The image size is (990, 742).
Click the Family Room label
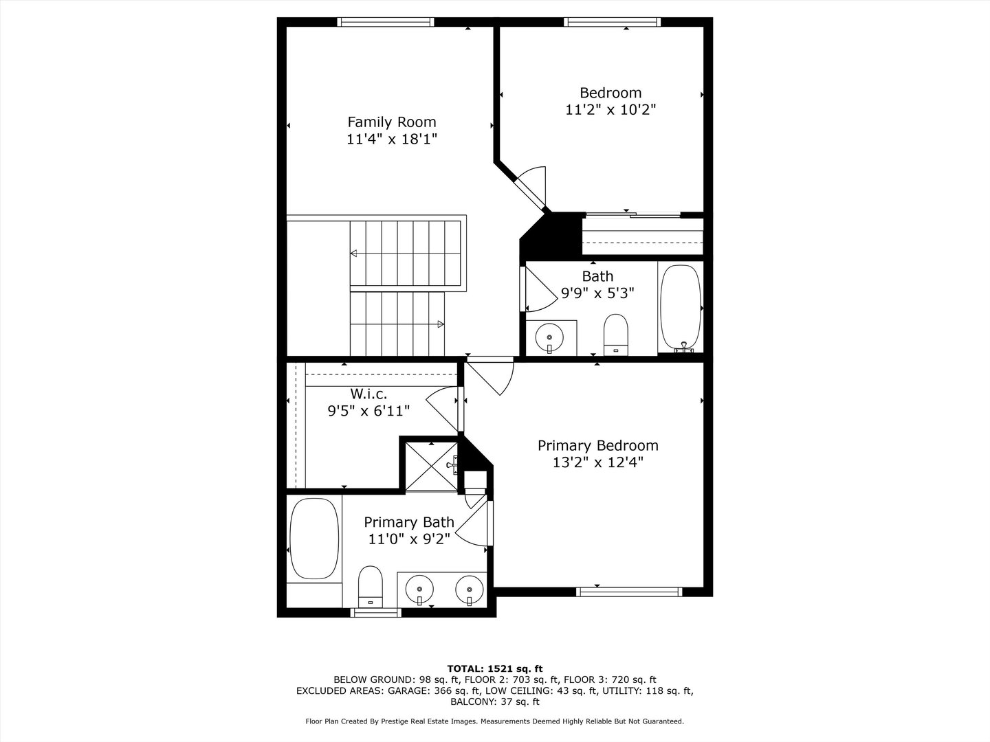coord(391,122)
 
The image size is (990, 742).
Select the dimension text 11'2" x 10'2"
coord(610,109)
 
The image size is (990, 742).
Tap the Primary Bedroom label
coord(597,445)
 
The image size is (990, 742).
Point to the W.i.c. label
coord(368,394)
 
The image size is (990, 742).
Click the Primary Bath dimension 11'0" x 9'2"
coord(408,539)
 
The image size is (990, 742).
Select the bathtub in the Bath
coord(681,307)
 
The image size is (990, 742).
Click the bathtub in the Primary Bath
coord(314,539)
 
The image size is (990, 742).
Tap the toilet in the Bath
coord(616,334)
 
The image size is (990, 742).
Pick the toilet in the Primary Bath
coord(370,586)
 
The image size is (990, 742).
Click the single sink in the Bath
coord(550,337)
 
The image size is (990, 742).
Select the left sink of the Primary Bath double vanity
coord(419,589)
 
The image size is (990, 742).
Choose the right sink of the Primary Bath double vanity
coord(470,589)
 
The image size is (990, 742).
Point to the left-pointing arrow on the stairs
coord(354,254)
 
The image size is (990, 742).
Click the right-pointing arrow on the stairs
coord(440,324)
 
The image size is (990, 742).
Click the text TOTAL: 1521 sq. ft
coord(495,668)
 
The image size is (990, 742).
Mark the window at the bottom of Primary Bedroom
coord(629,592)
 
